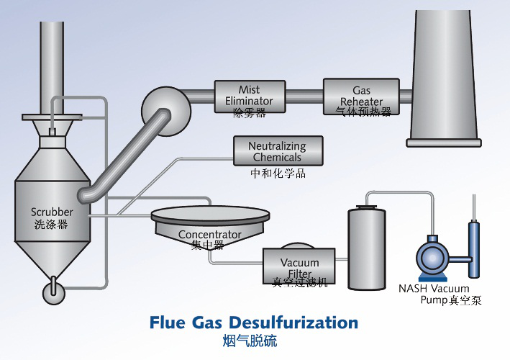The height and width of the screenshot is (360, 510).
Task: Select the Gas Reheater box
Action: [x=361, y=96]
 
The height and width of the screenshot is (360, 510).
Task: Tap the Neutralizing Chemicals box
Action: [x=277, y=151]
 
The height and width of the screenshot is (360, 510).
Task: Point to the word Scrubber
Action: [x=52, y=212]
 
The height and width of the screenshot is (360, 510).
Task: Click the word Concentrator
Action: [x=209, y=235]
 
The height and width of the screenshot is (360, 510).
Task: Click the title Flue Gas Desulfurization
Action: [x=253, y=322]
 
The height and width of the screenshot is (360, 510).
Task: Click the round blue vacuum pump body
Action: [x=435, y=257]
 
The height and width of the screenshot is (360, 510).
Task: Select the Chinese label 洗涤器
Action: [x=51, y=224]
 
